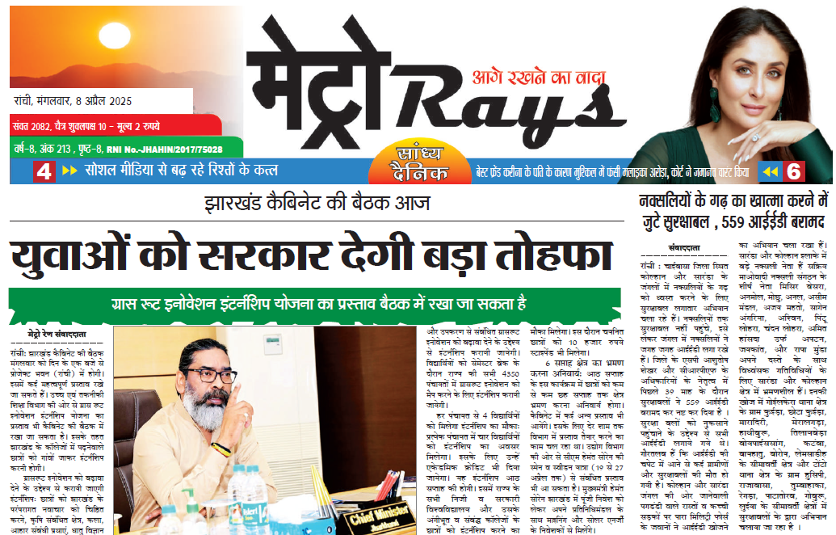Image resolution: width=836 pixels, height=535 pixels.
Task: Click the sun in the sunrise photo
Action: click(110, 36)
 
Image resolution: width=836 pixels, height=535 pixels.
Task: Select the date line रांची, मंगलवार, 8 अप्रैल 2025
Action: click(73, 102)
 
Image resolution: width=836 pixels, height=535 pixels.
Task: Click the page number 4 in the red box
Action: click(44, 171)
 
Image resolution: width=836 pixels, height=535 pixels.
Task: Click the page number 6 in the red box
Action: click(795, 171)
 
